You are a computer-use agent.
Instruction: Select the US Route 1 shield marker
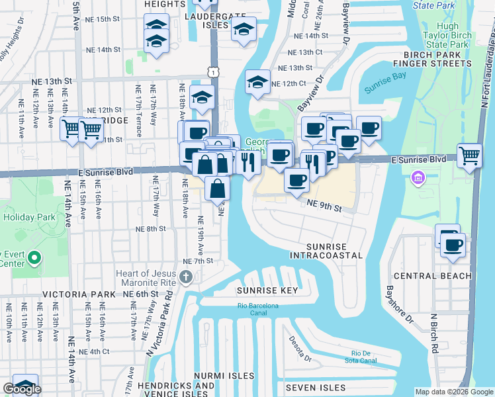[x=210, y=69]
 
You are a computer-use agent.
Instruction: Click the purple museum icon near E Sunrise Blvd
[x=418, y=177]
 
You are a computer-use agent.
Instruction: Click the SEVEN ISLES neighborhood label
[x=316, y=387]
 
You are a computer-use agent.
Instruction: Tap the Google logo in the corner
[x=21, y=389]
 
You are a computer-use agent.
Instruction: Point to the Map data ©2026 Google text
[x=454, y=392]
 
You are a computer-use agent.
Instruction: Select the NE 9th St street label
[x=324, y=208]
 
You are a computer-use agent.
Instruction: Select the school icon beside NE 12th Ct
[x=257, y=83]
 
